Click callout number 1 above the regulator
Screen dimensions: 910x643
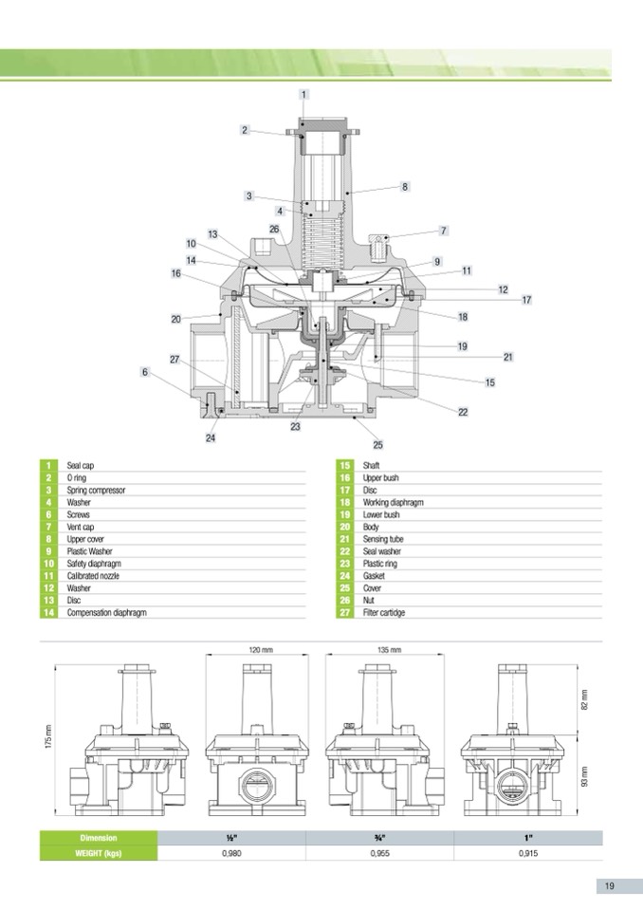click(303, 94)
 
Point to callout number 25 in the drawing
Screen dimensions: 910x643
click(377, 444)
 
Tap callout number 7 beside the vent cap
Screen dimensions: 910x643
click(443, 231)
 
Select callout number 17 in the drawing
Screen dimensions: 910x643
click(526, 300)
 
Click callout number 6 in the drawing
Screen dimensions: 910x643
click(145, 372)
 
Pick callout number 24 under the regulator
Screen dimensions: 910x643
click(211, 438)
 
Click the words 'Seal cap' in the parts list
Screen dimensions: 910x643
click(81, 467)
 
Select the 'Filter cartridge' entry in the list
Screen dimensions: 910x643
click(384, 613)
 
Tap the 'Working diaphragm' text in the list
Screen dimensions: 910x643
click(393, 503)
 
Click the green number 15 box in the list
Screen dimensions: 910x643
click(345, 467)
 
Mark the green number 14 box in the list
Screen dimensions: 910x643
click(47, 613)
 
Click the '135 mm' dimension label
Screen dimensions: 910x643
click(389, 651)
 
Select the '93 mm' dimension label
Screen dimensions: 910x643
click(585, 776)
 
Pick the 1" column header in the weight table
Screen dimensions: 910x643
click(528, 838)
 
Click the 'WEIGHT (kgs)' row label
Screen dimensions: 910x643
click(99, 854)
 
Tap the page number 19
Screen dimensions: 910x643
click(609, 886)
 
